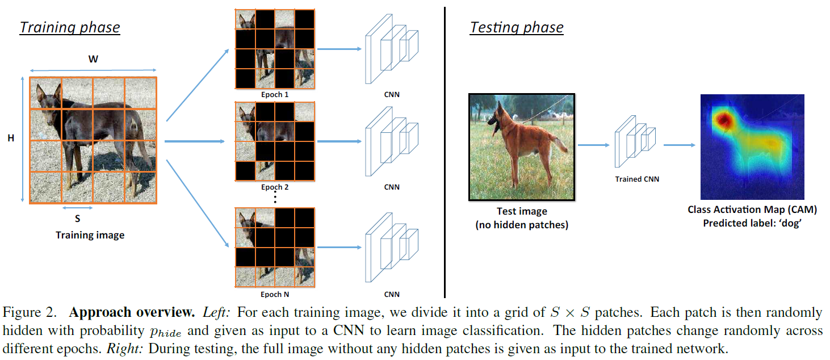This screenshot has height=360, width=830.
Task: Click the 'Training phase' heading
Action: click(69, 27)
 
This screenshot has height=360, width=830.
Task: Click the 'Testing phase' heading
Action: click(516, 27)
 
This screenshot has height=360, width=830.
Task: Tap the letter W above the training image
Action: click(93, 59)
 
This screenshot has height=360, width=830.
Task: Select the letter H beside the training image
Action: click(10, 138)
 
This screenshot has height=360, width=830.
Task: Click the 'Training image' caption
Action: click(90, 235)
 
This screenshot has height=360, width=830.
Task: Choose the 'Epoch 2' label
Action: click(275, 187)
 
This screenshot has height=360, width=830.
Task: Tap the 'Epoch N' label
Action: click(275, 294)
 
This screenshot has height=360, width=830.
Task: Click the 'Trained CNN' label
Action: click(637, 179)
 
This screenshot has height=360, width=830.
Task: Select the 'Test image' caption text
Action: click(522, 211)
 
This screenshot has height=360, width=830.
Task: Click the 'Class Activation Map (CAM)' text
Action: click(752, 210)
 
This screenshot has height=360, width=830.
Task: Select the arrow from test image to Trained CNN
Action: click(593, 145)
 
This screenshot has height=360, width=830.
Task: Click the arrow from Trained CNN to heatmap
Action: click(679, 145)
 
